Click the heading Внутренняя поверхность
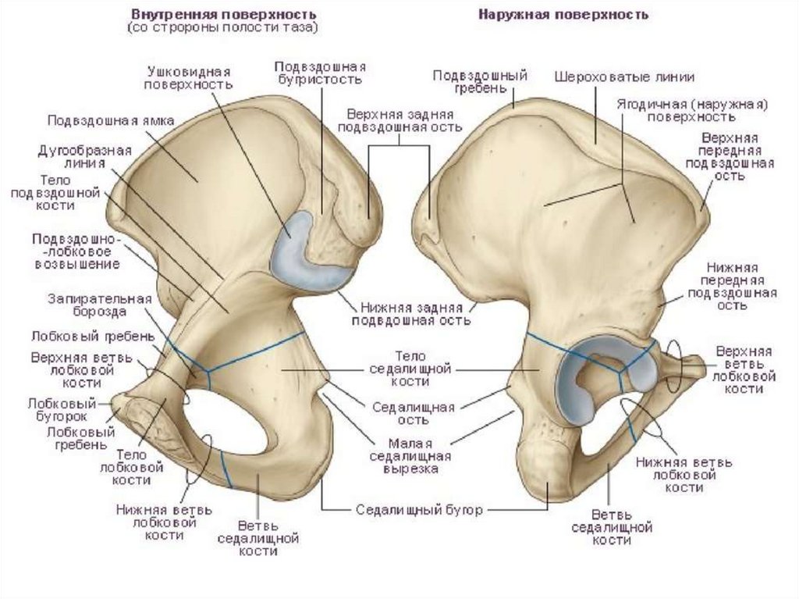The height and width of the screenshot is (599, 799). pyautogui.click(x=224, y=15)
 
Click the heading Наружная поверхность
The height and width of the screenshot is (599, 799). pyautogui.click(x=563, y=15)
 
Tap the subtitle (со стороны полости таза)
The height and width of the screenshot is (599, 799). pyautogui.click(x=224, y=28)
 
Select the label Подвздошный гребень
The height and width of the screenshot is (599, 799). pyautogui.click(x=480, y=82)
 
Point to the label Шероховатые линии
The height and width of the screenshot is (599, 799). pyautogui.click(x=624, y=77)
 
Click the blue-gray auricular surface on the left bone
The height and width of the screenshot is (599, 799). pyautogui.click(x=304, y=258)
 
